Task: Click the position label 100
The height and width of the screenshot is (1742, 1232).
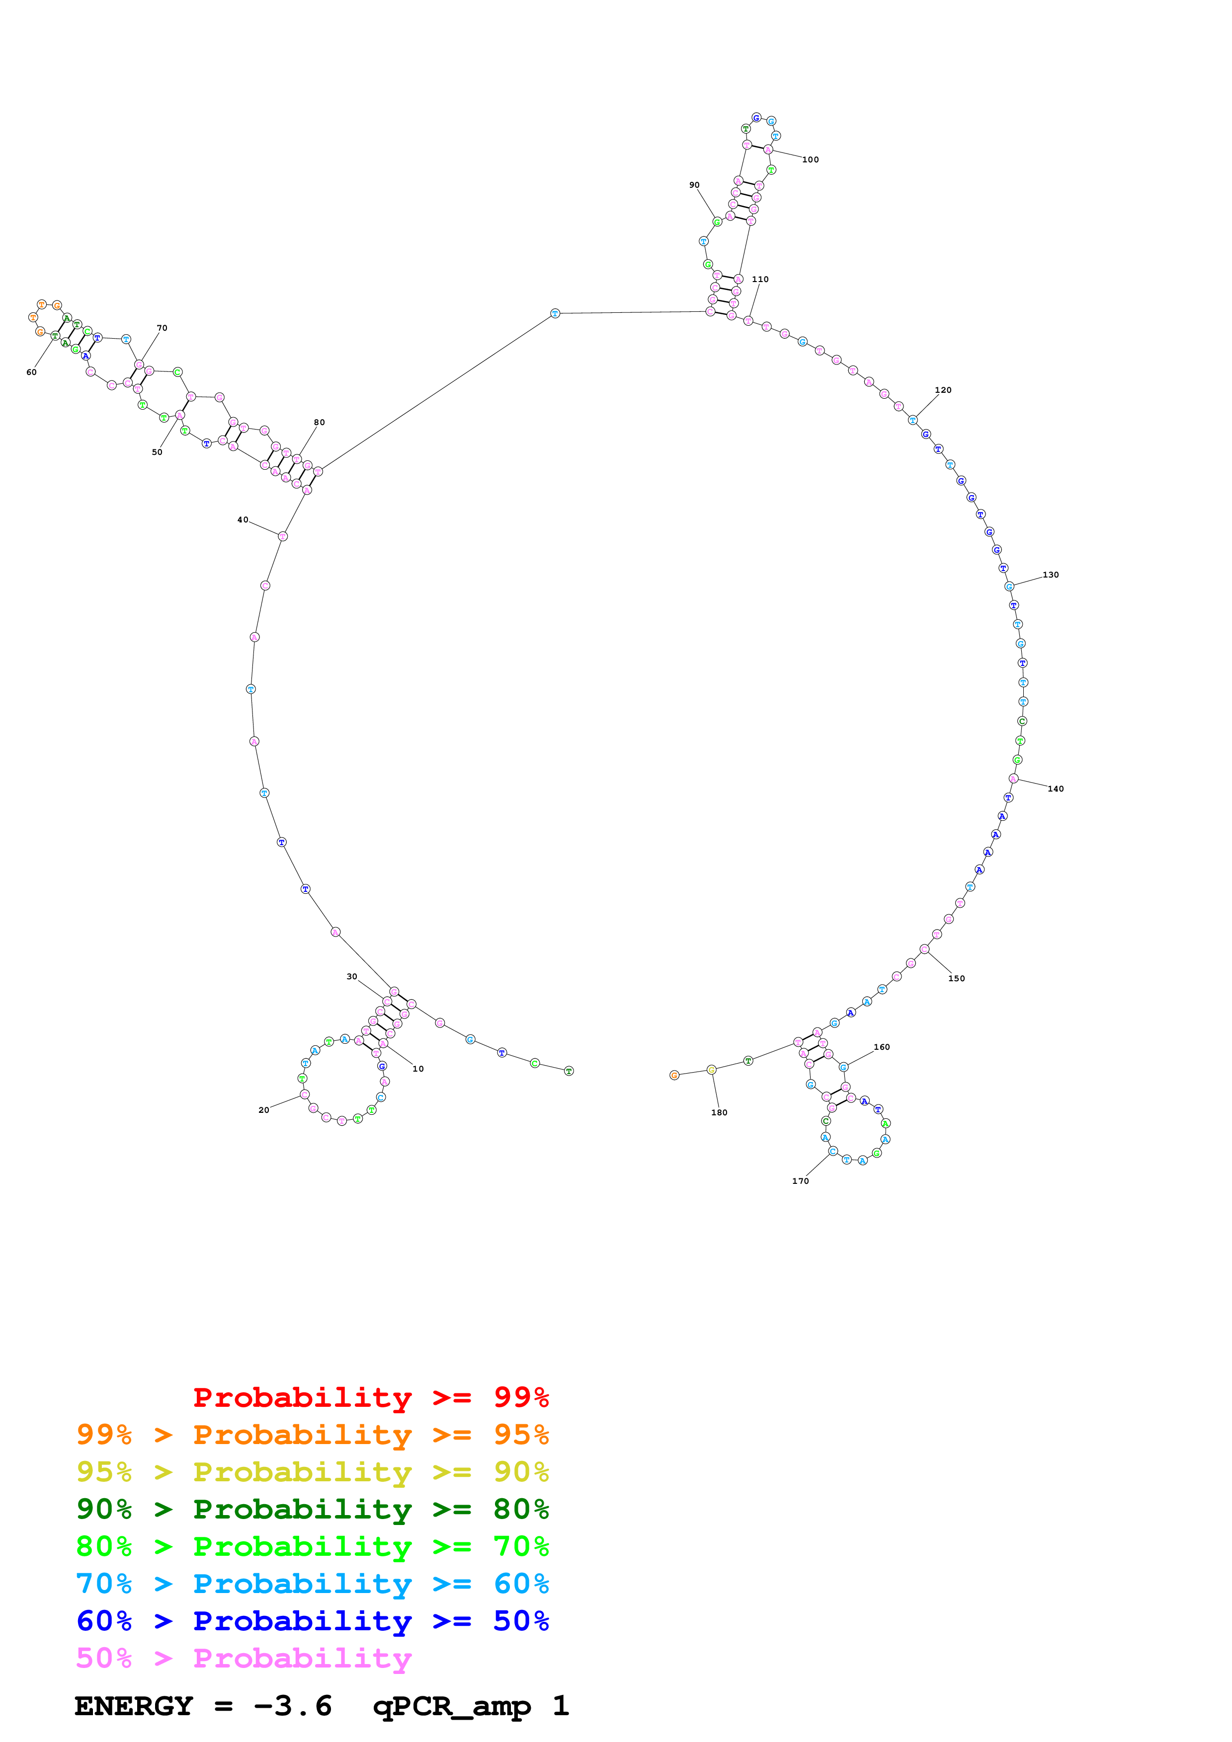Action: pyautogui.click(x=810, y=160)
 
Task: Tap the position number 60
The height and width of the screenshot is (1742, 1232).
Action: pyautogui.click(x=31, y=372)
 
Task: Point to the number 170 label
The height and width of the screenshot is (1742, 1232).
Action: pyautogui.click(x=800, y=1181)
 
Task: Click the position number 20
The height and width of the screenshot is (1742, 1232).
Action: pyautogui.click(x=263, y=1110)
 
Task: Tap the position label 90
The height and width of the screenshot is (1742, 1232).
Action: pyautogui.click(x=694, y=185)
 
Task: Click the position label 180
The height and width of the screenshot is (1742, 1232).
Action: pyautogui.click(x=719, y=1113)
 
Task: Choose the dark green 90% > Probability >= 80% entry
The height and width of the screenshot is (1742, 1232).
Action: pyautogui.click(x=312, y=1509)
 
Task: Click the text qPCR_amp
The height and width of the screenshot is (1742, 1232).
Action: pyautogui.click(x=452, y=1706)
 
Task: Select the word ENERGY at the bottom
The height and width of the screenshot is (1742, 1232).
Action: pyautogui.click(x=134, y=1706)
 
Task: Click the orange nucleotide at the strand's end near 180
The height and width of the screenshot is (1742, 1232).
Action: pyautogui.click(x=674, y=1075)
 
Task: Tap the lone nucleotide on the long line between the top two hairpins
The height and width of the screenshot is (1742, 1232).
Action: pyautogui.click(x=555, y=313)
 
